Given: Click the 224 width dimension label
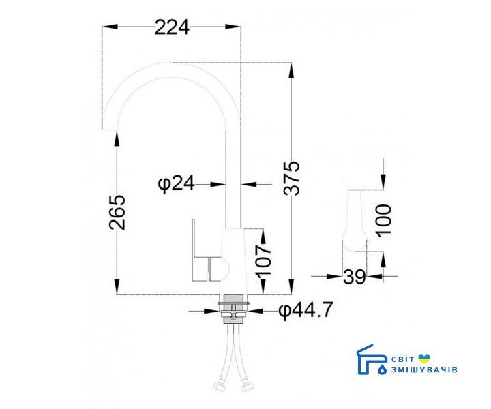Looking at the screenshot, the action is [x=172, y=27].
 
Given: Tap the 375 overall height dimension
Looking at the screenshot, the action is [x=292, y=179].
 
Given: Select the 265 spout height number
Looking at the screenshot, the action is [x=117, y=213].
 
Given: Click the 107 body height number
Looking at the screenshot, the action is [x=263, y=260].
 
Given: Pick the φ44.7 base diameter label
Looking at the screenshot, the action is [x=306, y=310].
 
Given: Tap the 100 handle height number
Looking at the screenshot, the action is [x=383, y=221].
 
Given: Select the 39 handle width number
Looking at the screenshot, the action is [x=355, y=277].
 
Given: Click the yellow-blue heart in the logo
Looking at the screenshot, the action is [x=424, y=359].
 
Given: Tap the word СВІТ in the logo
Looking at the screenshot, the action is [x=403, y=359].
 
